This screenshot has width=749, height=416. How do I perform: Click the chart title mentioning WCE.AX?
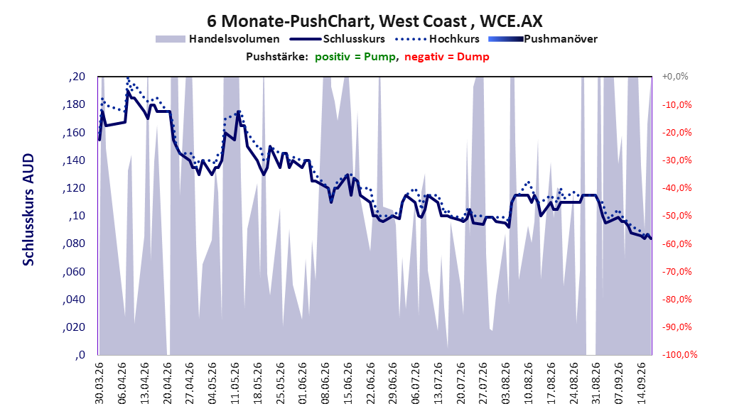point(375,21)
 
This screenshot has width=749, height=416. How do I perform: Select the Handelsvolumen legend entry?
point(218,39)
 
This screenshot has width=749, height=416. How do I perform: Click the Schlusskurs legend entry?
point(338,39)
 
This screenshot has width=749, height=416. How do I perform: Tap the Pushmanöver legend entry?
point(543,39)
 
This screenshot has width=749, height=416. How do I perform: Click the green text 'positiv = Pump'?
point(355,57)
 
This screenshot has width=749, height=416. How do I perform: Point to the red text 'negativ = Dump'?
point(447,57)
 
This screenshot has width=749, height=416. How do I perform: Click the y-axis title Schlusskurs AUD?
point(28,210)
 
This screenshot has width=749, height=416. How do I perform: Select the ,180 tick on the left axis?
point(74,104)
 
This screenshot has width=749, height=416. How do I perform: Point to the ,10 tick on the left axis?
point(77,216)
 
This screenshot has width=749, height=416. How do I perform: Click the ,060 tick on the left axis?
point(74,271)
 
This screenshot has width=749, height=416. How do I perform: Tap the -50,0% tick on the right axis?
point(677,216)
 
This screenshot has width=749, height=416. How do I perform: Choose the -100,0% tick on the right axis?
point(679,354)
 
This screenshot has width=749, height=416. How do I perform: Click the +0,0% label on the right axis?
point(674,77)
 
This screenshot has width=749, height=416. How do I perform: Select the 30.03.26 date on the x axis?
point(99,383)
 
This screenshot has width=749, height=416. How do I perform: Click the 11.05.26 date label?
point(235,383)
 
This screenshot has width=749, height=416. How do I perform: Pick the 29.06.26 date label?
point(393,383)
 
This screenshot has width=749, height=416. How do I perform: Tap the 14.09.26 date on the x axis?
point(642,383)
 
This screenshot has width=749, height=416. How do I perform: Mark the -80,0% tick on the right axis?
point(677,299)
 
